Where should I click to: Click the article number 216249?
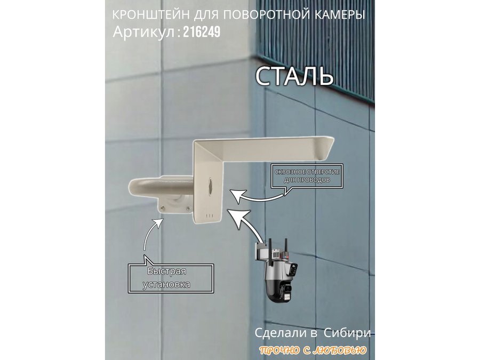202,31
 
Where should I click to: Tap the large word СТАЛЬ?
294,76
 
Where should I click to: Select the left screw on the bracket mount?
162,208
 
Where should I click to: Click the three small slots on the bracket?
210,214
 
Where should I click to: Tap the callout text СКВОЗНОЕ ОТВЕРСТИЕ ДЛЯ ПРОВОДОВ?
307,175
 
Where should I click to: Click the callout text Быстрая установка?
167,278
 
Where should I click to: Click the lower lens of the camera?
286,289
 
